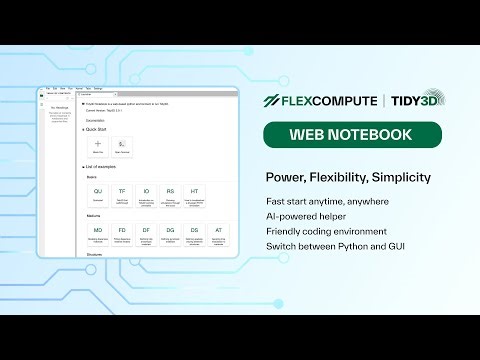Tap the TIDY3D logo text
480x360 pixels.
pyautogui.click(x=405, y=101)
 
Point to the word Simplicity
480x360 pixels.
pyautogui.click(x=399, y=177)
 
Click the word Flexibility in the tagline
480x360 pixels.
pyautogui.click(x=337, y=177)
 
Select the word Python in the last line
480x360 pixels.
pyautogui.click(x=364, y=246)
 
